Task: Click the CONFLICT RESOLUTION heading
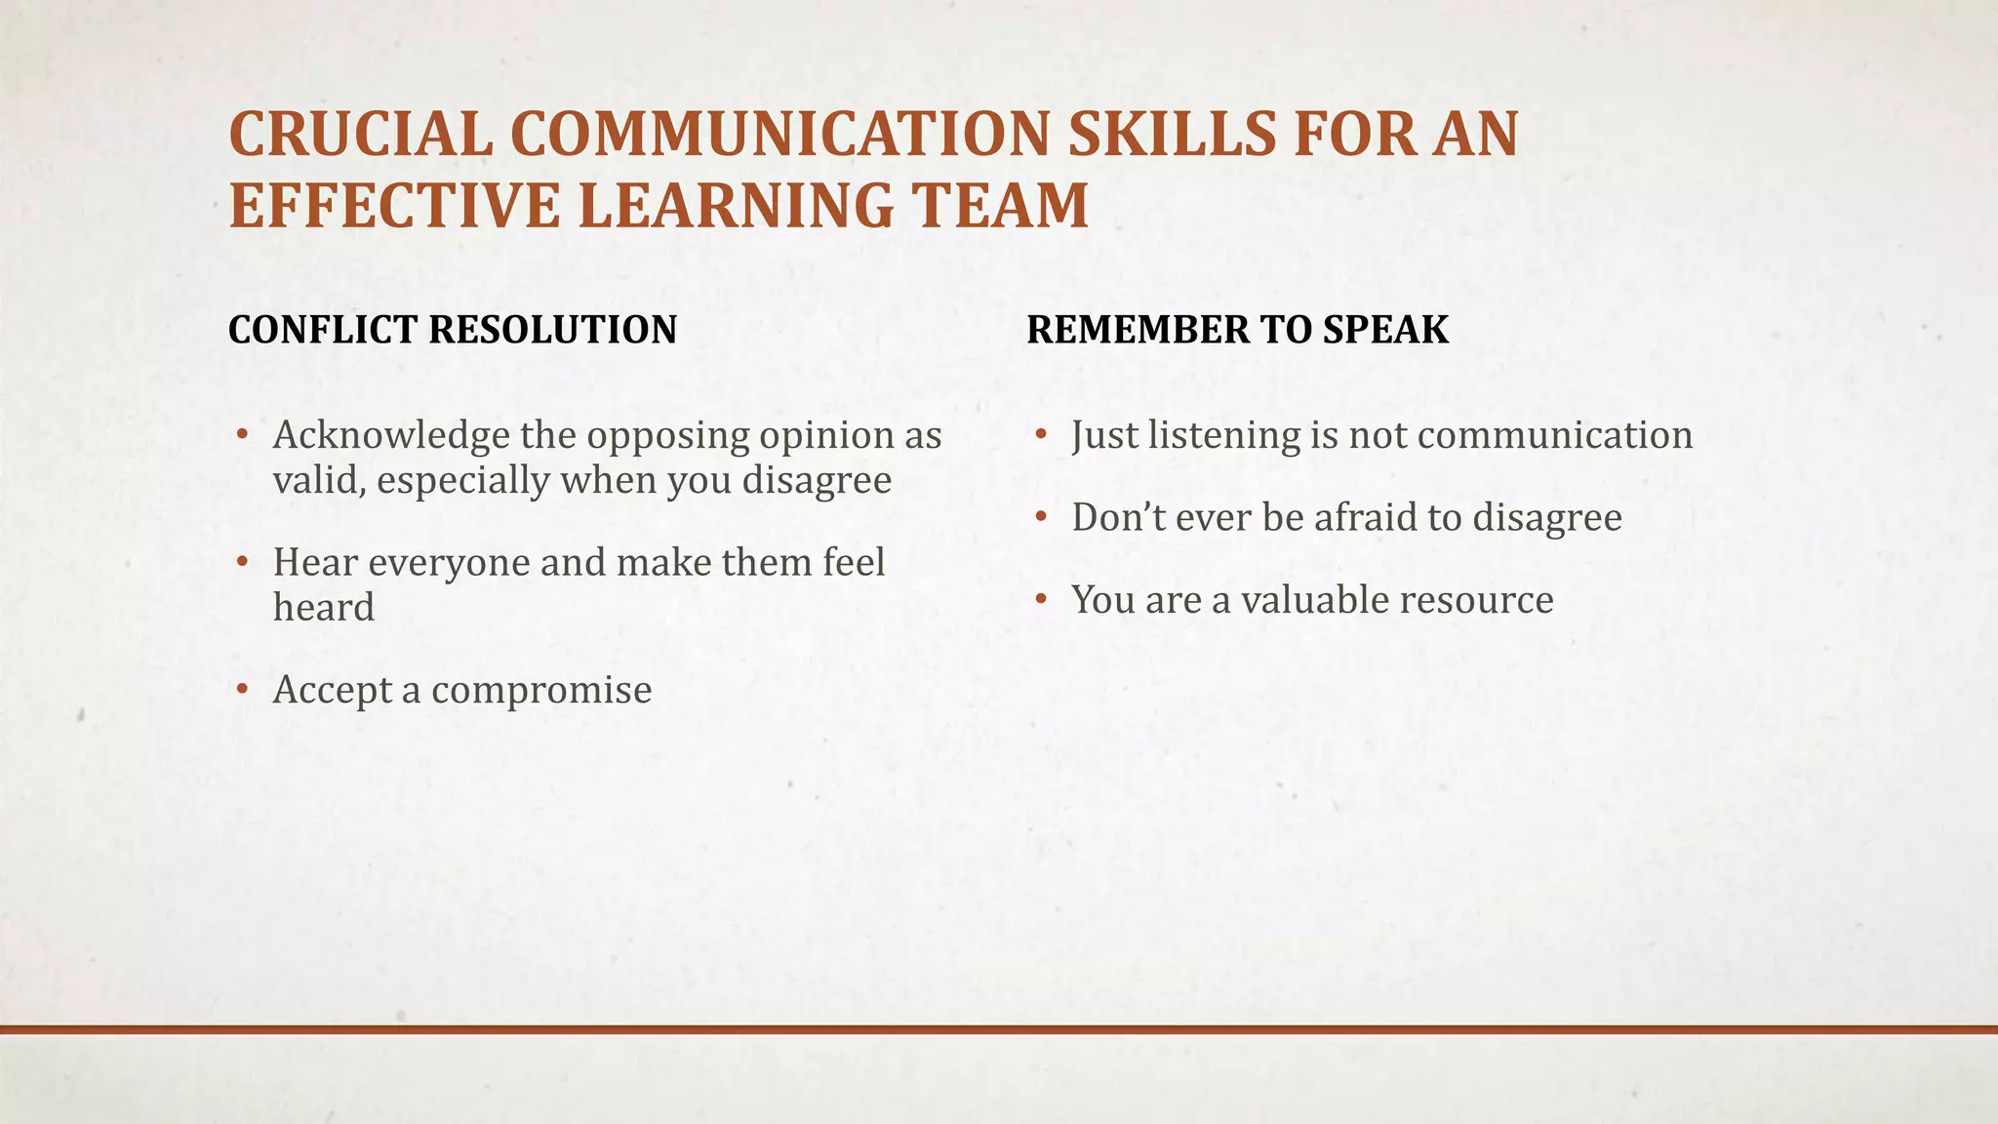[x=452, y=330]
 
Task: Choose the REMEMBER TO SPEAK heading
[x=1237, y=330]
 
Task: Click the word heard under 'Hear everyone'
[x=324, y=608]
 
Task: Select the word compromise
[x=541, y=690]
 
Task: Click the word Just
[x=1104, y=435]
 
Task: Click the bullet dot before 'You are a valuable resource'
[x=1042, y=600]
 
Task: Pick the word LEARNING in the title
[x=733, y=206]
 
